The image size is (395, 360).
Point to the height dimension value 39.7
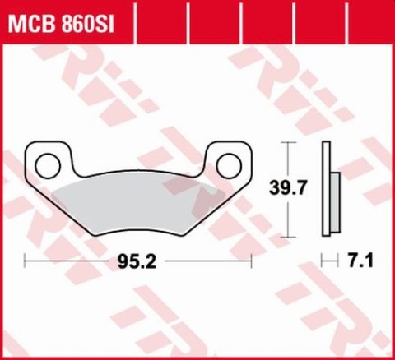pos(286,189)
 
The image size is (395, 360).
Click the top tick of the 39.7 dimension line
pos(286,142)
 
